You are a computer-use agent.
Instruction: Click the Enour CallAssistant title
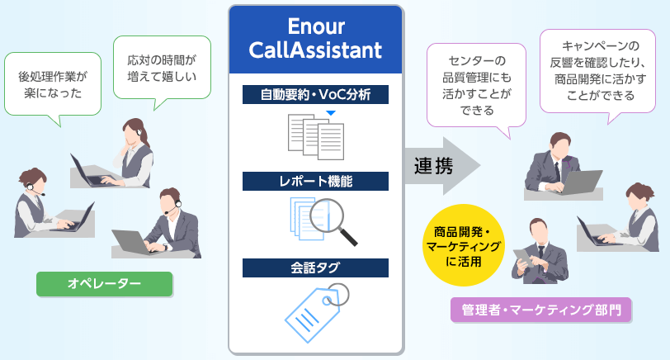[315, 39]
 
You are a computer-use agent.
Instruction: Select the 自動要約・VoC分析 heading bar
[315, 94]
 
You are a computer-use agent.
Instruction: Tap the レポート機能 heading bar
[315, 182]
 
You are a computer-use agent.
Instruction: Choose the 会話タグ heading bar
[315, 268]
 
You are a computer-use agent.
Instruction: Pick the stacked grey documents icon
[316, 137]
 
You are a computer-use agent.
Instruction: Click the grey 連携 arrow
[441, 166]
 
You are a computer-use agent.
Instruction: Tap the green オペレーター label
[104, 284]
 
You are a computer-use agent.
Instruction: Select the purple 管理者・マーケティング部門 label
[541, 310]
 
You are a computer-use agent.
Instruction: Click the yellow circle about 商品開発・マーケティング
[463, 245]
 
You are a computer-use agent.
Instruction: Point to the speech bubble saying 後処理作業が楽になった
[53, 85]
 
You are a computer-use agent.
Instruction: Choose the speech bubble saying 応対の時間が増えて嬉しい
[162, 69]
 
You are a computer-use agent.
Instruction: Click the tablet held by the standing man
[523, 258]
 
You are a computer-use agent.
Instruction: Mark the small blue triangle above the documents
[331, 113]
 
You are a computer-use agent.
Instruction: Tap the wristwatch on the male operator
[165, 247]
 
